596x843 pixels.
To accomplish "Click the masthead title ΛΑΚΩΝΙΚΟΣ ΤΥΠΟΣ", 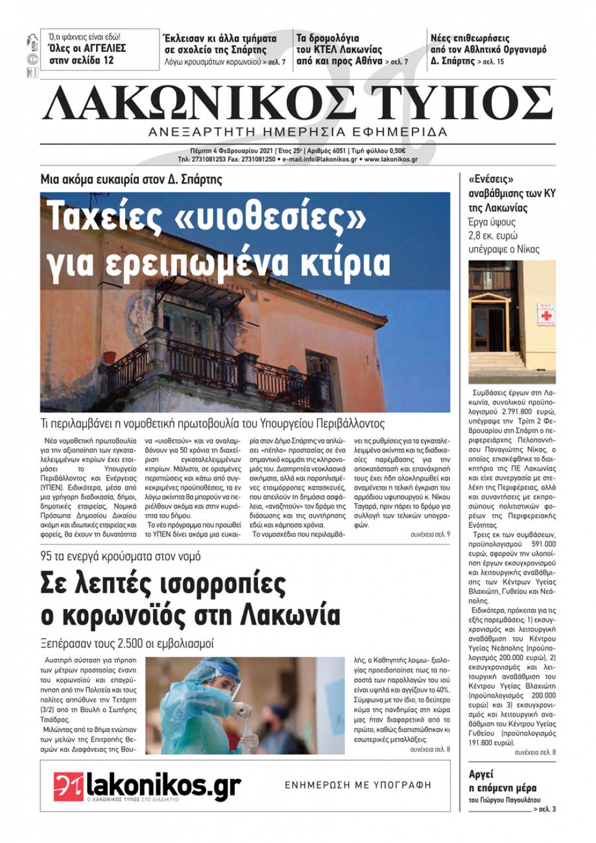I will point(298,104).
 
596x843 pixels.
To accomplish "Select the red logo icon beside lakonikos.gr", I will point(68,786).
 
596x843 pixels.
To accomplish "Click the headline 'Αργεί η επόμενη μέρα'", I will point(503,780).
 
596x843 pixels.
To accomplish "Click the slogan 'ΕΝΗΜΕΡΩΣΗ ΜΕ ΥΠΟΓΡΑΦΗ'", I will point(358,785).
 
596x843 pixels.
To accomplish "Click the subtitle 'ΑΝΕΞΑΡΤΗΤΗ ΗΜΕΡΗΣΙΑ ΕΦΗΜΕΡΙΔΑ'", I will point(298,132).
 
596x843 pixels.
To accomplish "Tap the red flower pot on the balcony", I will point(110,356).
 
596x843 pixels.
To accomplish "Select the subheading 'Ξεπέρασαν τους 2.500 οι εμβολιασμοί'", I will point(127,643).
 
